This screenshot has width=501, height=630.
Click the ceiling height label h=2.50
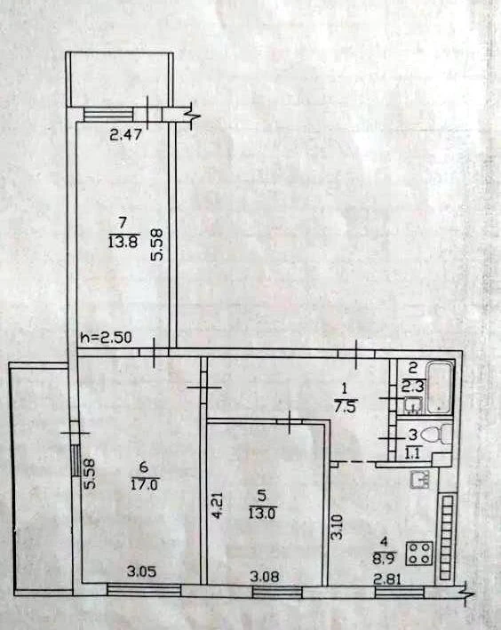(106, 338)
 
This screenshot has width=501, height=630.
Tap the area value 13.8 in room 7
(123, 243)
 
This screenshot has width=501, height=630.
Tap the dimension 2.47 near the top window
(126, 134)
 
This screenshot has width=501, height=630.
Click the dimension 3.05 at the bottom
(141, 571)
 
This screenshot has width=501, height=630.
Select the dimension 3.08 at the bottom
(264, 578)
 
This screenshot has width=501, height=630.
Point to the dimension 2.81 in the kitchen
(388, 579)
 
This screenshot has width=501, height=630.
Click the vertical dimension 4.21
(216, 508)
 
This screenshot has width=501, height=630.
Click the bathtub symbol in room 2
(440, 387)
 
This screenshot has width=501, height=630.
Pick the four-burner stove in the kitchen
(419, 554)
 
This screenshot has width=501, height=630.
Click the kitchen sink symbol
(420, 479)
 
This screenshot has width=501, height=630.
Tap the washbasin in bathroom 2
(413, 405)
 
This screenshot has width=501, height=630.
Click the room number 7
(123, 222)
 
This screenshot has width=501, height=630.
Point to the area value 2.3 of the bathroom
(412, 388)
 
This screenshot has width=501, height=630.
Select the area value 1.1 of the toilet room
(413, 454)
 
